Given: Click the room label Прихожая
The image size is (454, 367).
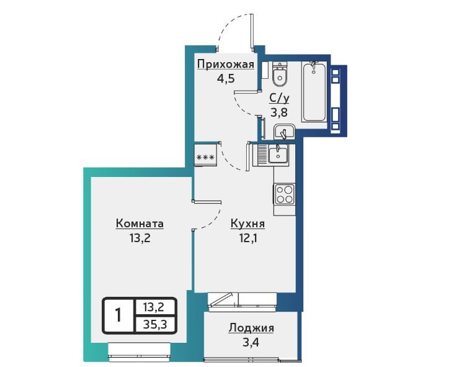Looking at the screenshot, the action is coord(226,65).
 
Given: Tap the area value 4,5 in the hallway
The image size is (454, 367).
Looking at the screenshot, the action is coord(226,78).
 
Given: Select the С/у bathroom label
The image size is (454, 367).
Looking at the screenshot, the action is coord(279,99).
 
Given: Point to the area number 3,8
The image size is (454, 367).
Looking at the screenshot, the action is coord(279,112).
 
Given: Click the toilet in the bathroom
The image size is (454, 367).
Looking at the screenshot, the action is coord(280,75).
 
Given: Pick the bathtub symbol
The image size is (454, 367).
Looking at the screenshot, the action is coord(314,92).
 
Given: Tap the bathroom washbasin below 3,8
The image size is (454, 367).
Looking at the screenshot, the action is coord(284,132).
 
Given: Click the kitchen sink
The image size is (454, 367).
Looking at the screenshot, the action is coord(278,153).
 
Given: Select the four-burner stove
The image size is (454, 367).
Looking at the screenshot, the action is coord(284,194).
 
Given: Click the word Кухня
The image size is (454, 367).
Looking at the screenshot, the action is coord(247,224).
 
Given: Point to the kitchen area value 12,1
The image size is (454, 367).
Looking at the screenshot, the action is coord(247,238).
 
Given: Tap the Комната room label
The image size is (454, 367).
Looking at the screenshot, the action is coord(140,224).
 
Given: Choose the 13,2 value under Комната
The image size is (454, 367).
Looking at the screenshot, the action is coord(140,238).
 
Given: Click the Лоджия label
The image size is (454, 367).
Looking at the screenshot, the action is coord(251,328).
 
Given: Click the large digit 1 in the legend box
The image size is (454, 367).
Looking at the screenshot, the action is coord(118,315).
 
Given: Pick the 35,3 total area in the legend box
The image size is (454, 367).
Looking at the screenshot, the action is coord(155,324).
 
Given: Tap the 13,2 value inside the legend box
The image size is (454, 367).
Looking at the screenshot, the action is coord(154,307).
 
